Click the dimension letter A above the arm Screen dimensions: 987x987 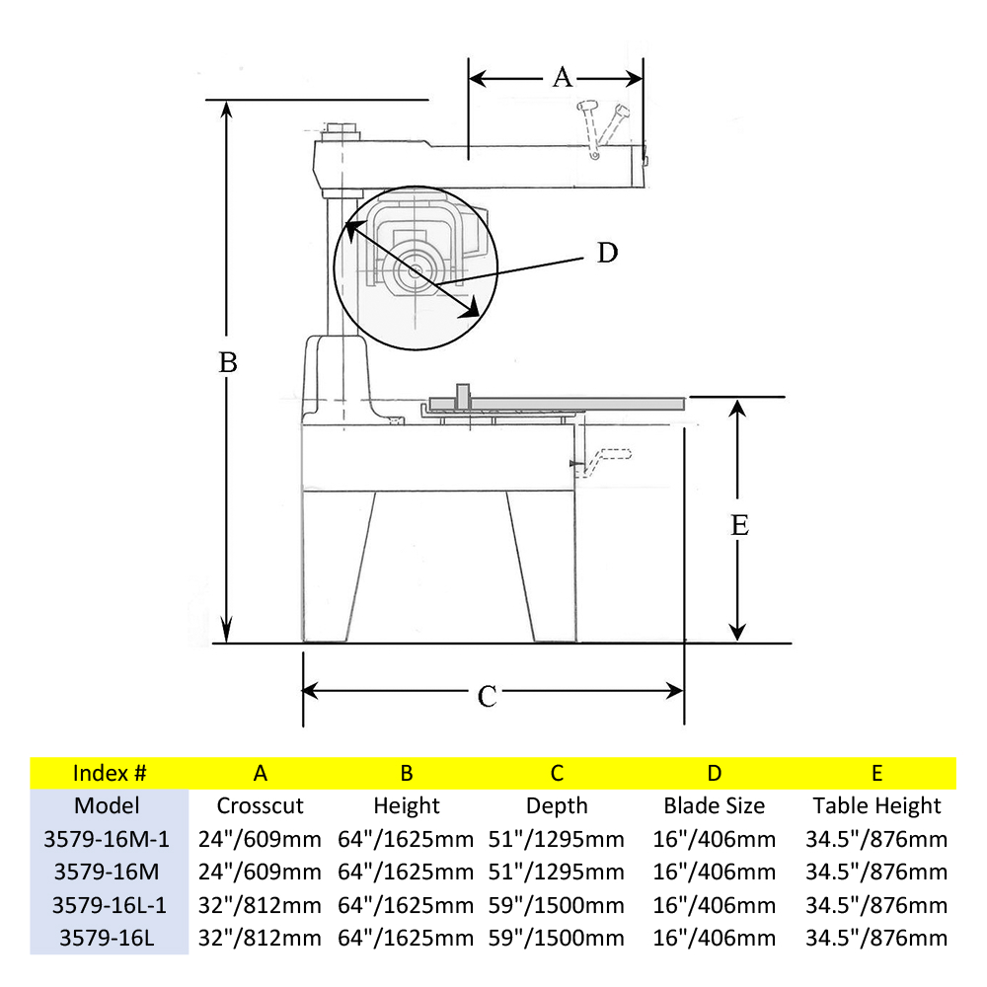[x=562, y=77]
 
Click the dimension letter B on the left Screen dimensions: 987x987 [x=228, y=362]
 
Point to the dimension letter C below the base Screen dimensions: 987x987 [x=487, y=696]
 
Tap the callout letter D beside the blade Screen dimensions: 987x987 [x=607, y=254]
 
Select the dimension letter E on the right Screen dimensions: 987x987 [x=739, y=525]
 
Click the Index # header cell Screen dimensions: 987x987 [x=110, y=772]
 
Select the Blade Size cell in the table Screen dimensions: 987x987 [x=714, y=805]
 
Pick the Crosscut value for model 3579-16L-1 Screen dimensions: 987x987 [x=261, y=905]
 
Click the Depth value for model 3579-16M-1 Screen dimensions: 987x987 [x=557, y=839]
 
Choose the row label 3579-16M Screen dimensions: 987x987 [x=109, y=872]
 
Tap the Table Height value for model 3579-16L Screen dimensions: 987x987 [x=876, y=938]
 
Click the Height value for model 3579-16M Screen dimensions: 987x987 [x=406, y=872]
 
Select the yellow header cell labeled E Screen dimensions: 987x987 [x=876, y=772]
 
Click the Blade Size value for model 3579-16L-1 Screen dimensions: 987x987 [x=714, y=905]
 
